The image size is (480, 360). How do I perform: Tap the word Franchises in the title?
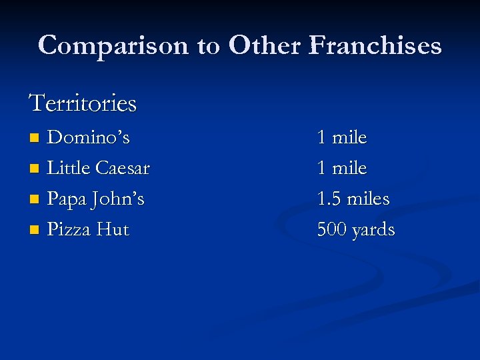(x=375, y=45)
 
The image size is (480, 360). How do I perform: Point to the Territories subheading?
(x=83, y=103)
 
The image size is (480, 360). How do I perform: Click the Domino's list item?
(x=88, y=137)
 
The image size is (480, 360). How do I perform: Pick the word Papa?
(x=67, y=199)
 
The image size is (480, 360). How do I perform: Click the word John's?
(x=118, y=199)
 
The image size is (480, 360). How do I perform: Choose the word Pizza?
(x=69, y=229)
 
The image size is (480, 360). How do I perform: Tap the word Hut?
(x=113, y=229)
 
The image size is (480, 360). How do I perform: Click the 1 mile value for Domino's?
(x=342, y=137)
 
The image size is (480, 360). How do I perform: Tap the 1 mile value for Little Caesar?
(x=342, y=168)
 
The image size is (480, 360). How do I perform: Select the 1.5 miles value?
(x=353, y=199)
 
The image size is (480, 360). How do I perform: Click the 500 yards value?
(x=356, y=229)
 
